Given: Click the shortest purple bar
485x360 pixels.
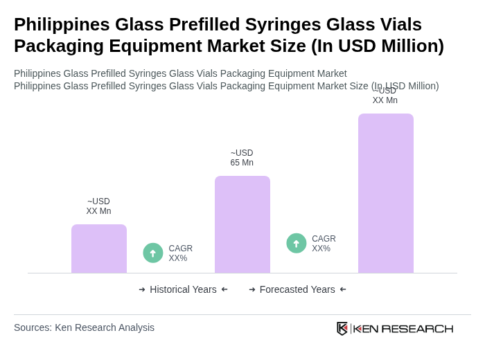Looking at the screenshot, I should click(99, 249).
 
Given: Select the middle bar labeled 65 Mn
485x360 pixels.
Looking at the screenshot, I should click(242, 224).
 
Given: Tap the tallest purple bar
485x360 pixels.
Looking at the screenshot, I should click(386, 193).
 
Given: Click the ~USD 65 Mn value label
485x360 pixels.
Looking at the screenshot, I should click(242, 158).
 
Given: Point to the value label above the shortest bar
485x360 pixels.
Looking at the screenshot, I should click(98, 206).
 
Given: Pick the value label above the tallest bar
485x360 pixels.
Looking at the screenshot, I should click(385, 96).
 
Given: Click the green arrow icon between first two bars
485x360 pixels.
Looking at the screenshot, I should click(153, 253).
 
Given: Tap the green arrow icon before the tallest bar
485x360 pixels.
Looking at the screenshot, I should click(297, 243).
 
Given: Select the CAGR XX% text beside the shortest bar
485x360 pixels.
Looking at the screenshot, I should click(181, 253).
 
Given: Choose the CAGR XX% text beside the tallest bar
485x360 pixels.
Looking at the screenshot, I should click(324, 244).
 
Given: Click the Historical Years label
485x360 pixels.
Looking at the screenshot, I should click(183, 289).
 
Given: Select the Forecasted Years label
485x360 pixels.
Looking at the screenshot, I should click(297, 289).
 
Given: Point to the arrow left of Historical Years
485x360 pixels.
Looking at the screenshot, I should click(142, 289).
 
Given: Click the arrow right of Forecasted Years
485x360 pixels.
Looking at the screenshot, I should click(343, 289).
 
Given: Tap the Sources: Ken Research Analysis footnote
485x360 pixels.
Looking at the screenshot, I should click(84, 327).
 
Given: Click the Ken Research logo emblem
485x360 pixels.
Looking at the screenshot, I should click(342, 328).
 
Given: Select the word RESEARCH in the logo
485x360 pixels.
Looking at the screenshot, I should click(417, 328).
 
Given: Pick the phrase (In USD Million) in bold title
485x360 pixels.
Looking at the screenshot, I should click(377, 46).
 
